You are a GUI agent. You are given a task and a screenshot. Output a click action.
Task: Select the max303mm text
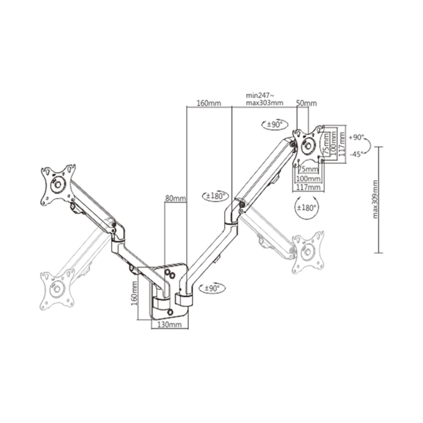264,103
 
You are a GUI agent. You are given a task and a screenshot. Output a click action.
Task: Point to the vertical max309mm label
376,200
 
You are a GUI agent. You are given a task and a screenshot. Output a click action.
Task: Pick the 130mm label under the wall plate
169,325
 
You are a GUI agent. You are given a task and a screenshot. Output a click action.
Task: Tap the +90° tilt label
357,137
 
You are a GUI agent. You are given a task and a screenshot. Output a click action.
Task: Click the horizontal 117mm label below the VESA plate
307,188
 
